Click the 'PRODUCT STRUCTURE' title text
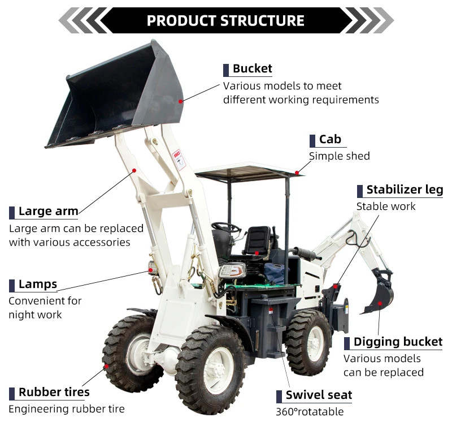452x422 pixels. pyautogui.click(x=225, y=21)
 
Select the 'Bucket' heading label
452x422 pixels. pyautogui.click(x=252, y=69)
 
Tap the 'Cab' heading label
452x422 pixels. pyautogui.click(x=330, y=140)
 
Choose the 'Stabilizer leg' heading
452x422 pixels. pyautogui.click(x=405, y=190)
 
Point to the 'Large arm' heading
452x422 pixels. pyautogui.click(x=48, y=212)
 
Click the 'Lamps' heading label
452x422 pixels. pyautogui.click(x=38, y=284)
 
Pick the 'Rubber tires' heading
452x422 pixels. pyautogui.click(x=54, y=393)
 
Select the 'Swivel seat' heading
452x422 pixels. pyautogui.click(x=319, y=395)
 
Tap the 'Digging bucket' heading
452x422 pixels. pyautogui.click(x=398, y=342)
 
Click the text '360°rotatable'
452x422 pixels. pyautogui.click(x=310, y=412)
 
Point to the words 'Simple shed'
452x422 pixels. pyautogui.click(x=339, y=156)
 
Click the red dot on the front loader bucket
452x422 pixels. pyautogui.click(x=181, y=101)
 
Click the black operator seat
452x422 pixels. pyautogui.click(x=257, y=240)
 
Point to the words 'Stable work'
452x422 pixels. pyautogui.click(x=386, y=206)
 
